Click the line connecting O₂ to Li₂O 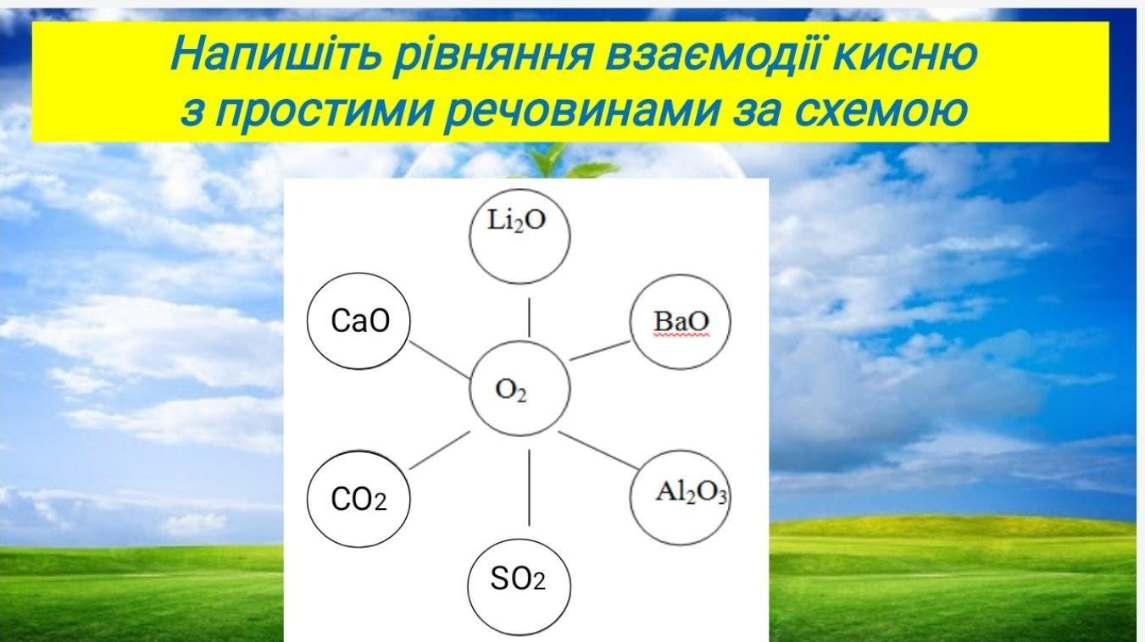pyautogui.click(x=529, y=318)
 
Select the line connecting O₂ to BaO pyautogui.click(x=599, y=351)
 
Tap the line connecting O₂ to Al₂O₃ pyautogui.click(x=598, y=450)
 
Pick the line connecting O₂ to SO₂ pyautogui.click(x=529, y=488)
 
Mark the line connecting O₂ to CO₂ pyautogui.click(x=440, y=450)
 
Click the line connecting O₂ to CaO pyautogui.click(x=440, y=360)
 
